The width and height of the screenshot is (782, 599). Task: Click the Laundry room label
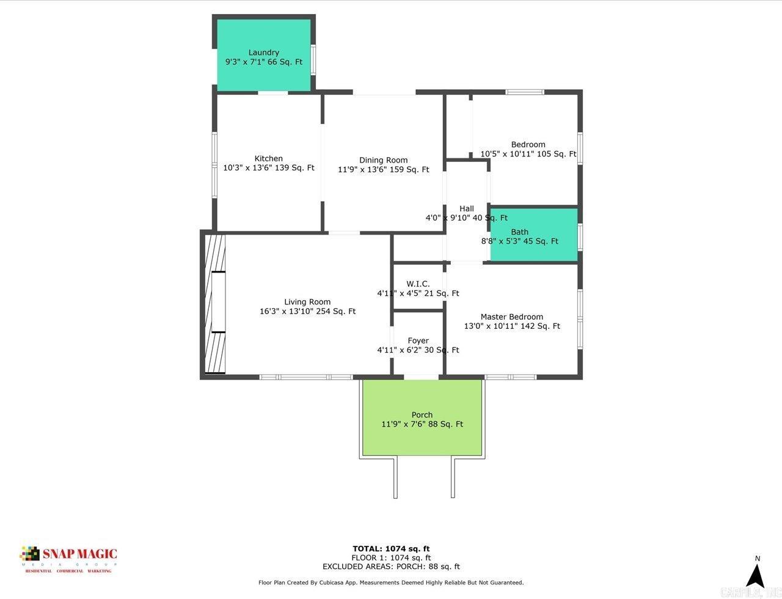[x=264, y=53]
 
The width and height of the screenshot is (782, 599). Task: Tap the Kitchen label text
[x=268, y=158]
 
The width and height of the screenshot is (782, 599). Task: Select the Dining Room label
[x=383, y=160]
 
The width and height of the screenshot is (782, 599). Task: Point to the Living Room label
[x=307, y=301]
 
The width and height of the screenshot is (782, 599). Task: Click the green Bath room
[x=534, y=235]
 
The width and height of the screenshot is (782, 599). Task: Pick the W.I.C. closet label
[x=418, y=284]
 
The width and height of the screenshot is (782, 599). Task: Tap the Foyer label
[x=418, y=340]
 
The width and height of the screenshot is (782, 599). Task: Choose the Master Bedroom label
[x=511, y=317]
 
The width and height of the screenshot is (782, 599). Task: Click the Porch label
[x=422, y=414]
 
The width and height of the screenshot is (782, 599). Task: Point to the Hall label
[x=466, y=208]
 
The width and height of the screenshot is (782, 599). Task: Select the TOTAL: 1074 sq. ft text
[x=391, y=548]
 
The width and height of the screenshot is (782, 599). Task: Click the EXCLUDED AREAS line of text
[x=391, y=567]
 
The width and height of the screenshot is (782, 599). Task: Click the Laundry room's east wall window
[x=313, y=59]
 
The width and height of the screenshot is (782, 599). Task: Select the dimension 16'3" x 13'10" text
[x=307, y=311]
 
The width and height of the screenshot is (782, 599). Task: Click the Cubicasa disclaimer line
[x=391, y=582]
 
